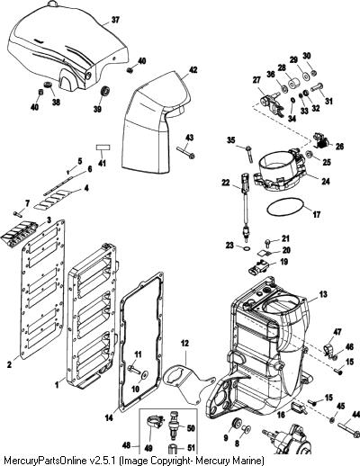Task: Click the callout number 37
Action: click(x=115, y=20)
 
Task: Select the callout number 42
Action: click(x=193, y=70)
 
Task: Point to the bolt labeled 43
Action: click(x=185, y=153)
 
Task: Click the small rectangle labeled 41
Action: click(x=103, y=148)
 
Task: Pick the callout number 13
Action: click(x=323, y=294)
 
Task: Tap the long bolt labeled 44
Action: click(x=348, y=430)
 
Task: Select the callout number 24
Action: click(x=326, y=182)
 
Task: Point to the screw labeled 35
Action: click(x=249, y=154)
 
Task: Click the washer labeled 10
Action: click(x=145, y=373)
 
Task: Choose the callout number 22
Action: click(x=226, y=183)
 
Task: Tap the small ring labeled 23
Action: click(x=247, y=248)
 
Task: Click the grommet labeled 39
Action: click(x=105, y=91)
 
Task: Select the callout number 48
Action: click(x=127, y=445)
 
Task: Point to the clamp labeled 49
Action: click(x=154, y=421)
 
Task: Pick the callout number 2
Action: click(x=10, y=364)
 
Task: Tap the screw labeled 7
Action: click(x=17, y=214)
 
